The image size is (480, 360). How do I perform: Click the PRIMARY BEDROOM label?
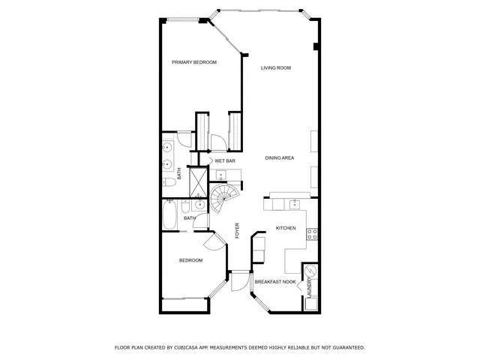194,62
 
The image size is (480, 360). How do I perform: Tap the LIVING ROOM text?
275,68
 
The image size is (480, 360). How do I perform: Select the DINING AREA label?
279,158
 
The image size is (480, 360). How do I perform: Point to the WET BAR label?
225,161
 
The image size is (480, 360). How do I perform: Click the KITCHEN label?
286,228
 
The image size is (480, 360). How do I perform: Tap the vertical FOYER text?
237,230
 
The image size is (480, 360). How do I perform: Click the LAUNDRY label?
308,289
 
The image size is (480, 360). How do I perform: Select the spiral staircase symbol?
223,199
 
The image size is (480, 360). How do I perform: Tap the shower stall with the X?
198,180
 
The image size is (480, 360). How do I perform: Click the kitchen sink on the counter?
295,203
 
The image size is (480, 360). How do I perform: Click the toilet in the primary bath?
170,182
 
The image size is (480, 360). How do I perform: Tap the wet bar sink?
221,176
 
